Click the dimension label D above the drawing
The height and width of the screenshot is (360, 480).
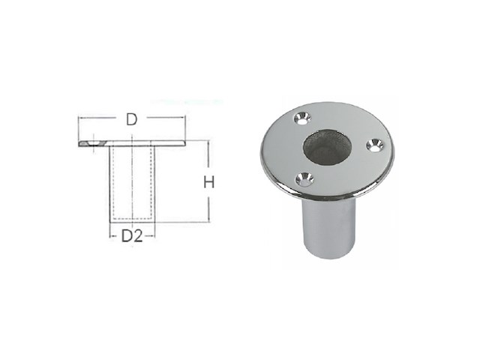tap(131, 119)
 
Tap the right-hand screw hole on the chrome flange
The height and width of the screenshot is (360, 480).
tap(373, 145)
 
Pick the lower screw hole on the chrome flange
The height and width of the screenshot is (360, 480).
tap(302, 178)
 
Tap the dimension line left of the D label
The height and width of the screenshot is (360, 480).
tap(97, 118)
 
